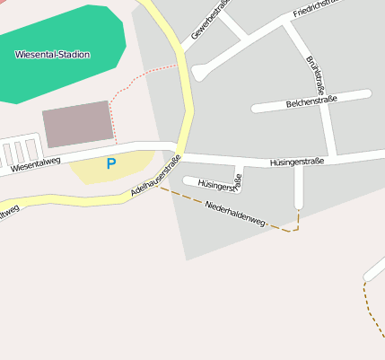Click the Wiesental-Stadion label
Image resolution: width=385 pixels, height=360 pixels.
click(x=52, y=55)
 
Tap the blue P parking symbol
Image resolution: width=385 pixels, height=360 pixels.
click(x=111, y=163)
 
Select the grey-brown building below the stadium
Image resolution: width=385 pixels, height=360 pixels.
click(x=78, y=124)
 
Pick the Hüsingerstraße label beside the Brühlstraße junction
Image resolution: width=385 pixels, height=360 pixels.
click(x=296, y=162)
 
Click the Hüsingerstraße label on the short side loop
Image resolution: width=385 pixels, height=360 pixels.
click(x=218, y=186)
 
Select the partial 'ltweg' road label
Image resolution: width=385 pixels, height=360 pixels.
click(x=8, y=213)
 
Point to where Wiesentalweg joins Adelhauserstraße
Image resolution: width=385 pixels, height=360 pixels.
click(x=177, y=148)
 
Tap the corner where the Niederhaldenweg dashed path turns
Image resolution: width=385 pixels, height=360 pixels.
click(x=296, y=228)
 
